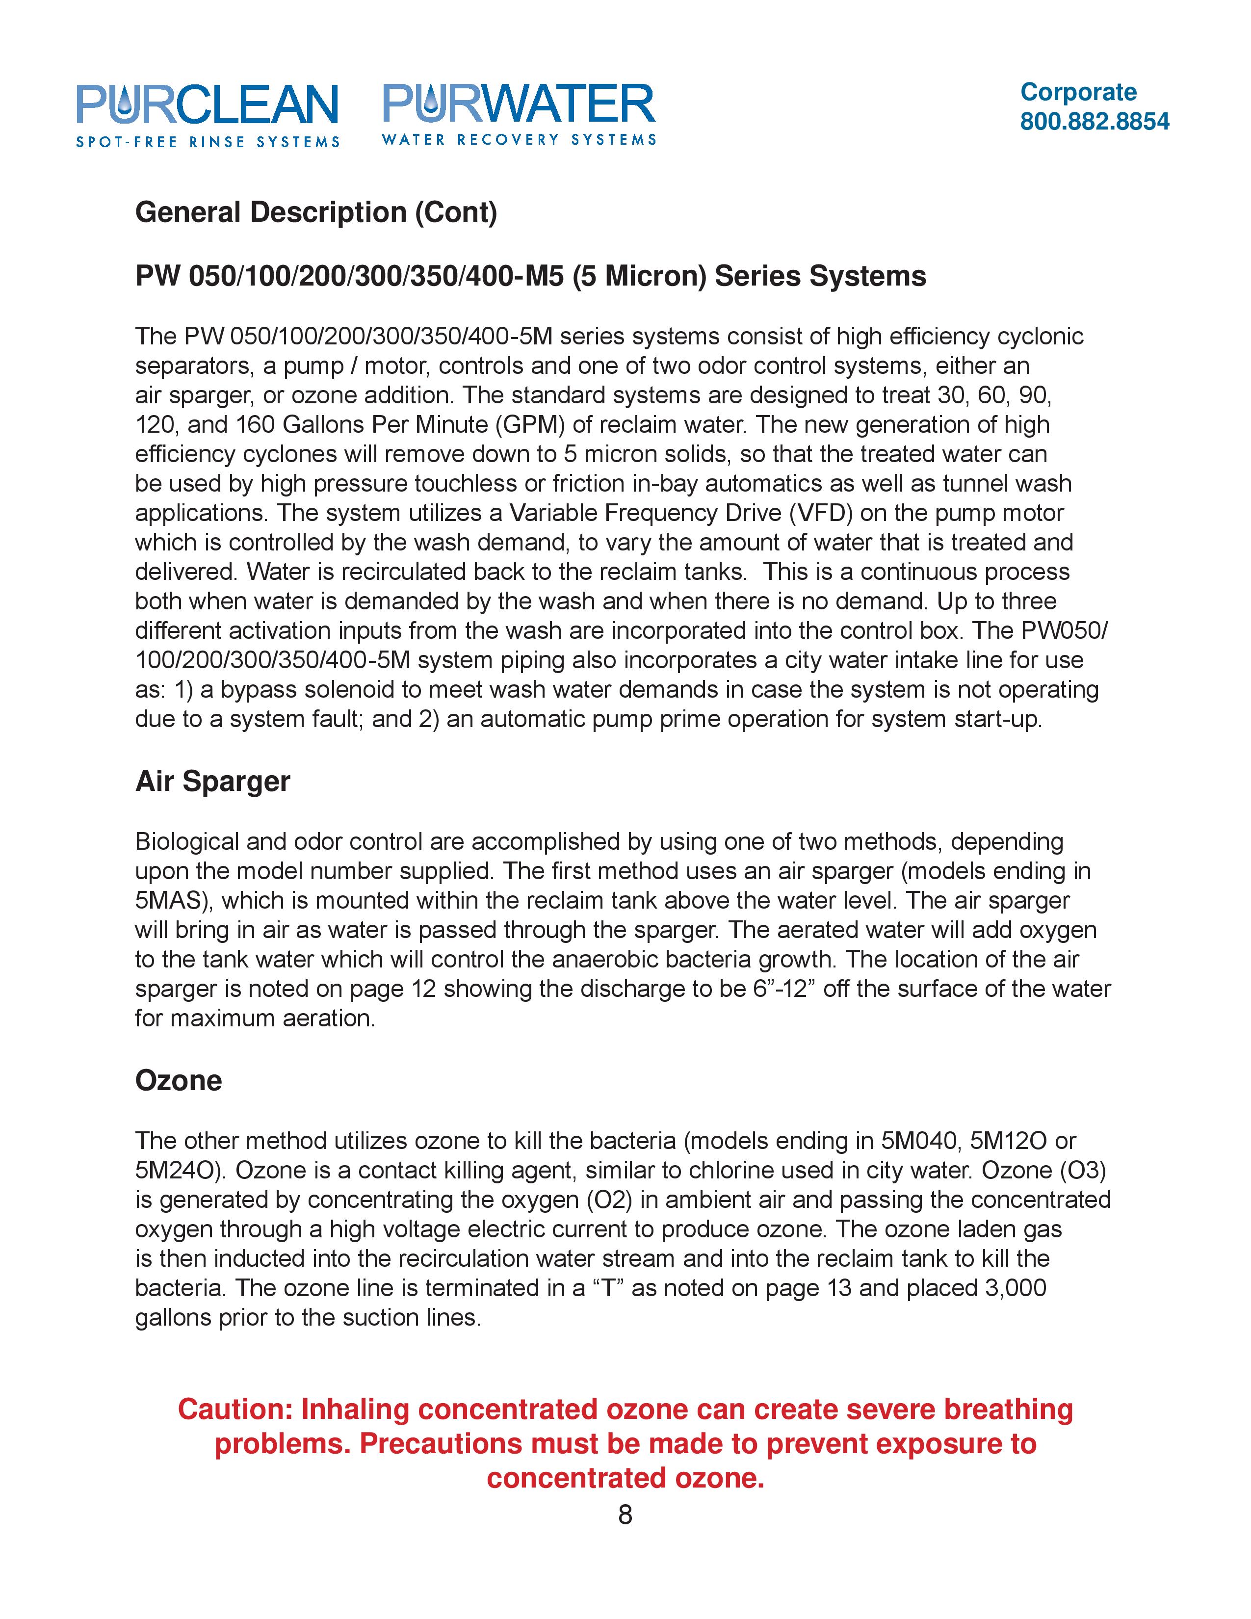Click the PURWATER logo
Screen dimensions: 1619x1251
point(519,113)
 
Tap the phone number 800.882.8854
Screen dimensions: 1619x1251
point(1094,122)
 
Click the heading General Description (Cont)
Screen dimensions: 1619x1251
point(316,213)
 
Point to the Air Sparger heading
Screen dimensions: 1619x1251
point(213,782)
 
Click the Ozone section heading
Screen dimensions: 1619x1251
point(179,1081)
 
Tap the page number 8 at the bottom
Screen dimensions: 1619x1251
point(625,1515)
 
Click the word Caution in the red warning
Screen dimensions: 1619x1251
point(235,1409)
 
